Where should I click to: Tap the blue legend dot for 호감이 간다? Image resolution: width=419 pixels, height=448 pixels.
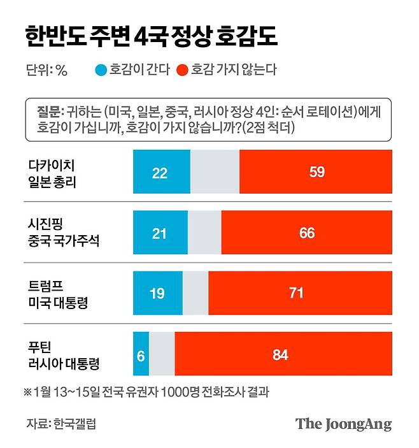(99, 70)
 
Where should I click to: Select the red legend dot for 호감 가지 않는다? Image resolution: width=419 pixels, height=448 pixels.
(181, 70)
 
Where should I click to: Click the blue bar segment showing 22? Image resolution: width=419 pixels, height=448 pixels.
(161, 172)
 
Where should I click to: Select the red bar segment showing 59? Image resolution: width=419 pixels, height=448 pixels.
(316, 172)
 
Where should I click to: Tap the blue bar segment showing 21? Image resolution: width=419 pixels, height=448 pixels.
(160, 233)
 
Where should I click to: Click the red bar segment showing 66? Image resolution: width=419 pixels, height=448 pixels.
(307, 233)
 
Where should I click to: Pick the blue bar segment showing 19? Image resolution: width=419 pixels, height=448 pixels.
(157, 293)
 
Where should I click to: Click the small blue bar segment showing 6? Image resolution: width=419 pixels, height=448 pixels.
(141, 354)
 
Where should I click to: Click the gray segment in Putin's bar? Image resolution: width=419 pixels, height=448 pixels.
(162, 354)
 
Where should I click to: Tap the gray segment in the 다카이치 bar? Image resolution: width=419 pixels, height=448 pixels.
(215, 172)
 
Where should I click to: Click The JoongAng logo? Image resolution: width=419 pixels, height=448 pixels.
(343, 424)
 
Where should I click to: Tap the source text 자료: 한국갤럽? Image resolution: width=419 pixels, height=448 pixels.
(62, 423)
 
